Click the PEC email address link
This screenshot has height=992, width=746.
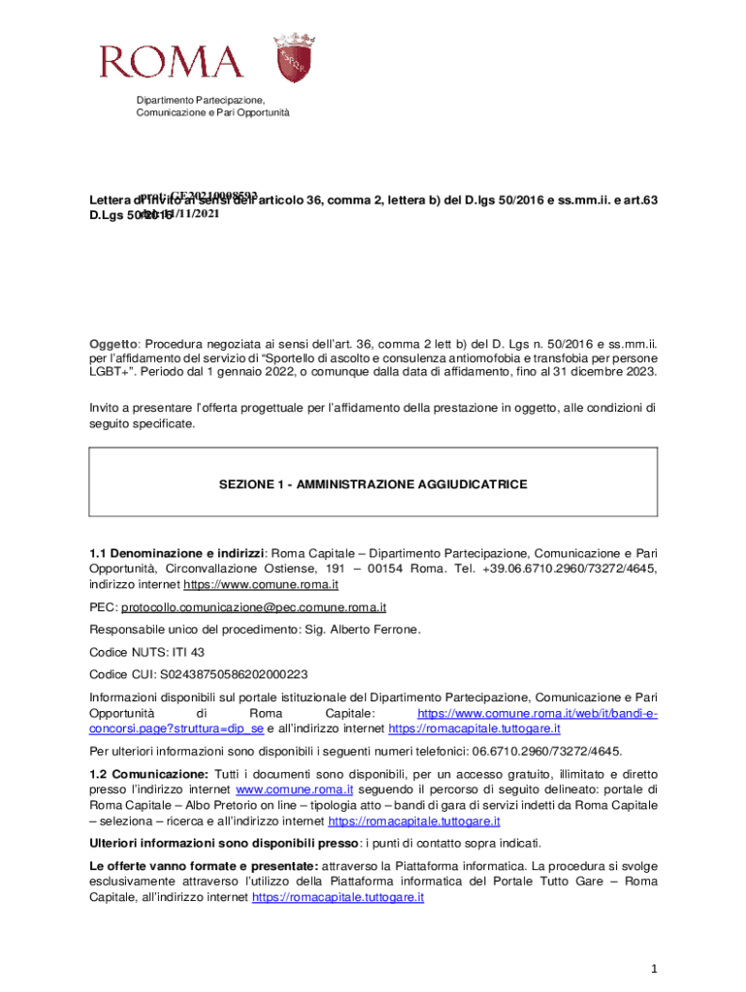coord(253,607)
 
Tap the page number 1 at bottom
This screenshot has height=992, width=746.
coord(655,969)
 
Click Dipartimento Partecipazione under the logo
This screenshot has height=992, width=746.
coord(200,100)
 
